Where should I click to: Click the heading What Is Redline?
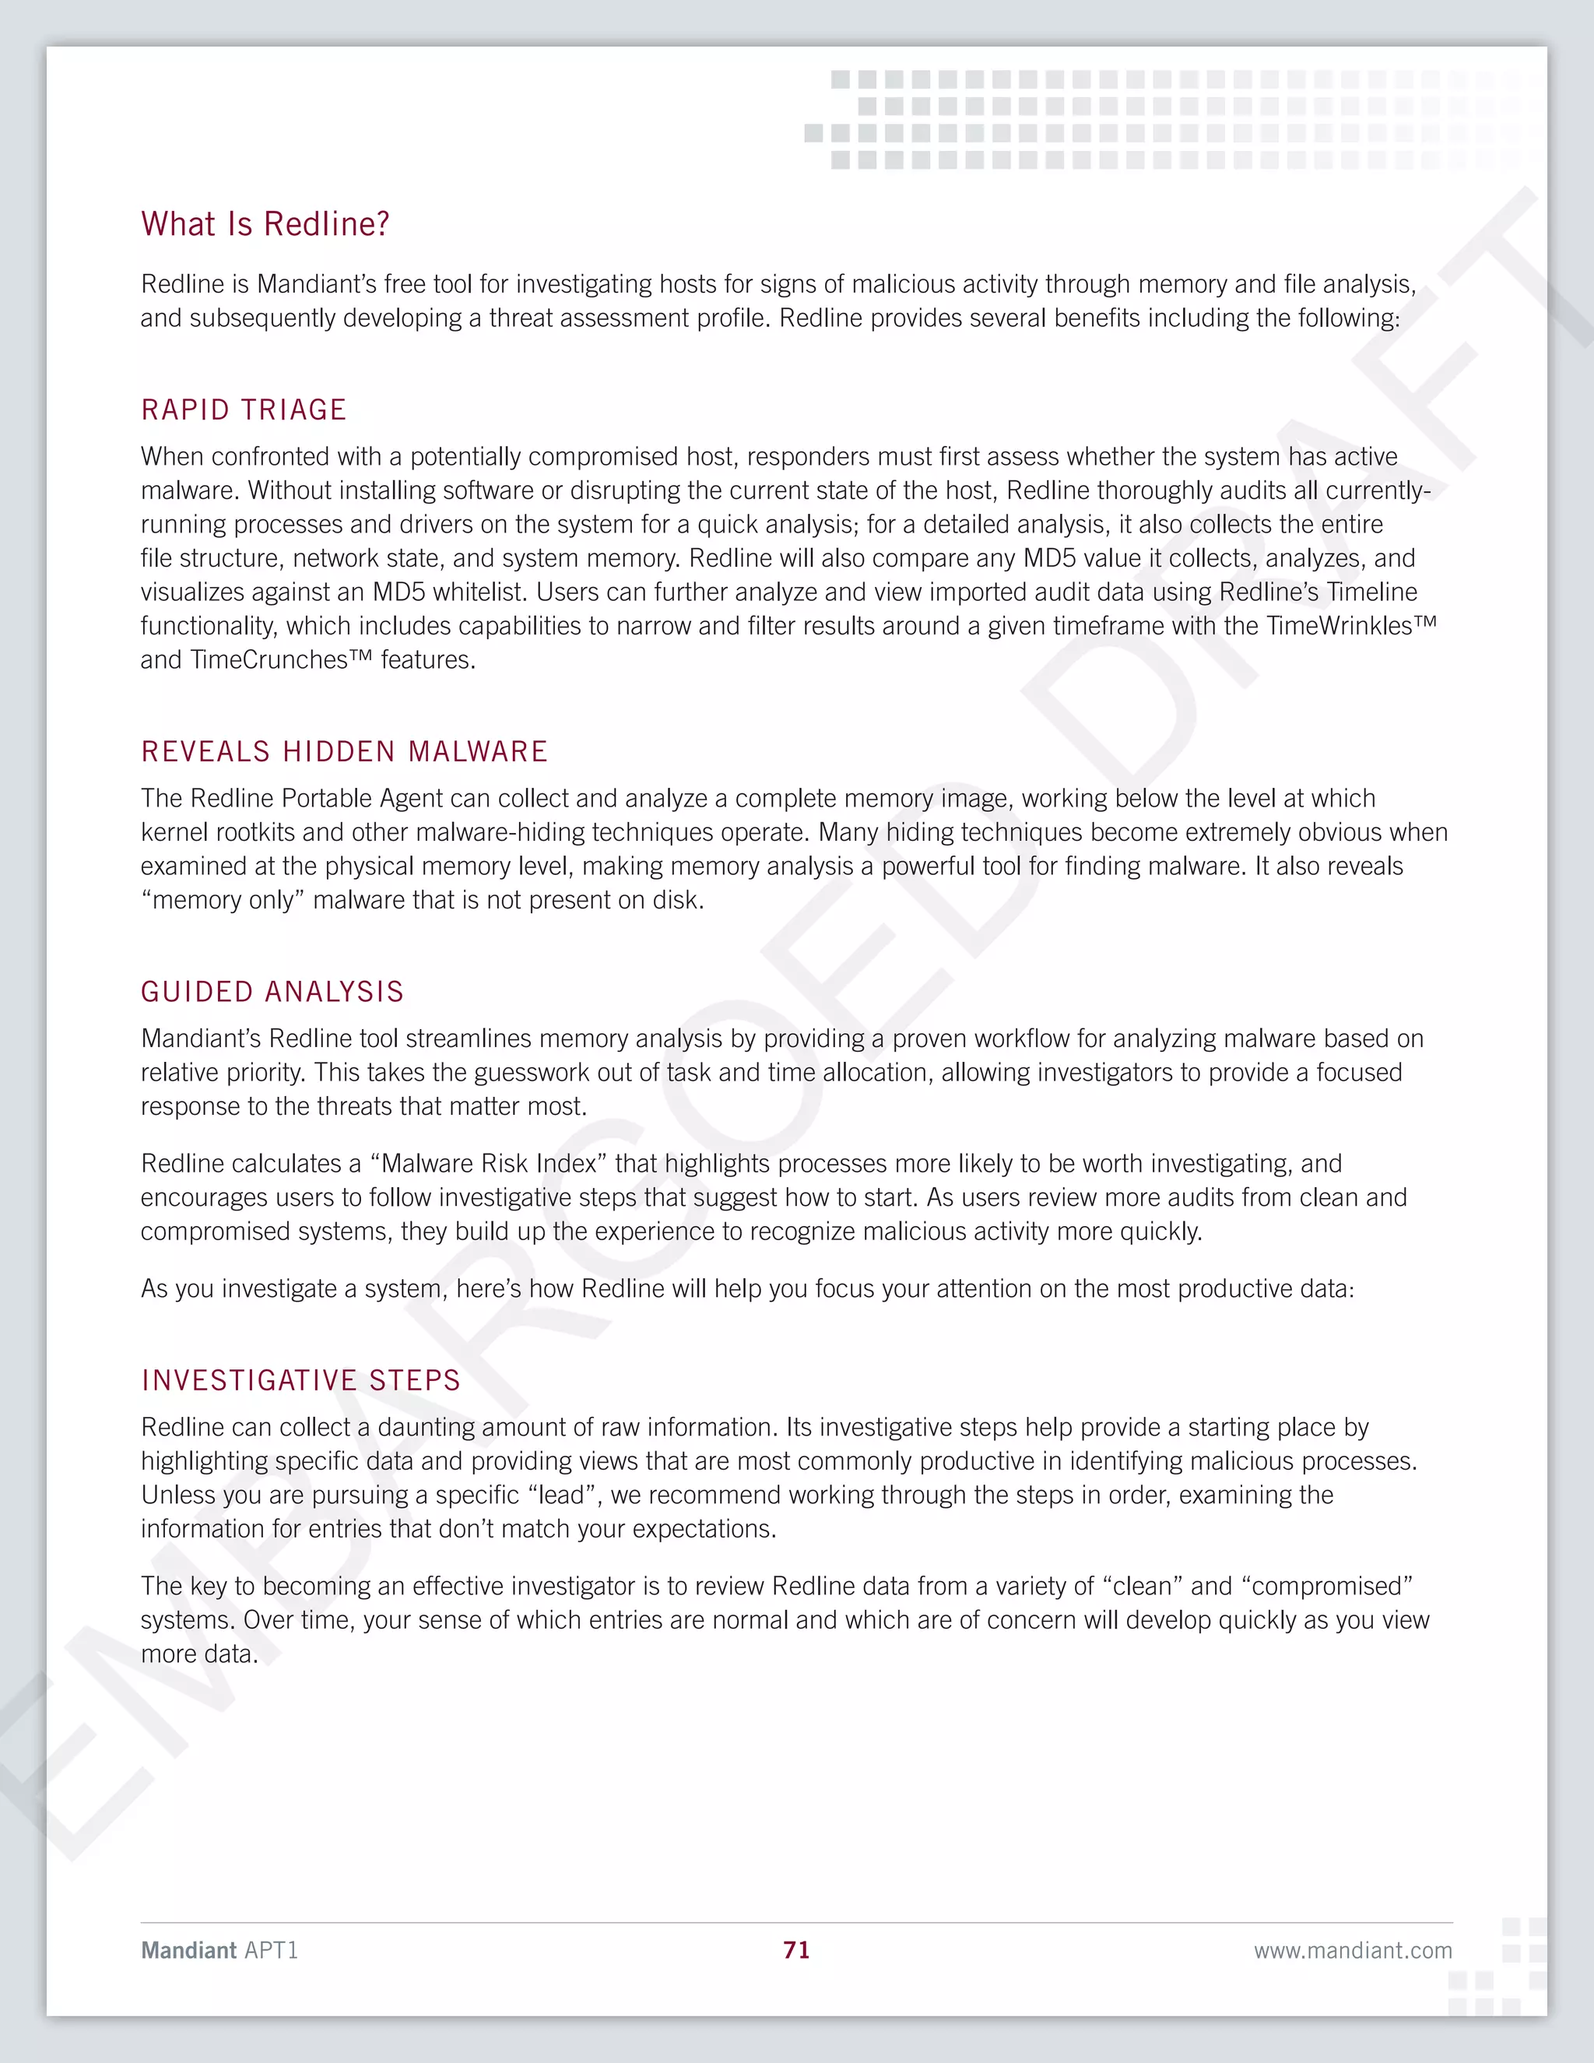pos(265,224)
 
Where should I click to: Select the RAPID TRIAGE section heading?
pos(244,410)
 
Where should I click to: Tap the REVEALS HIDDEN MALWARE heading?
pos(345,752)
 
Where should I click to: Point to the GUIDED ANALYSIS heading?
pos(272,992)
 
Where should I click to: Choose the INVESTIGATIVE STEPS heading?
pos(300,1380)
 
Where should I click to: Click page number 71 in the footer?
pos(796,1951)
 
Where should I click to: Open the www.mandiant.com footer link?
pos(1352,1951)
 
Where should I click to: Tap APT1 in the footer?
pos(271,1951)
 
